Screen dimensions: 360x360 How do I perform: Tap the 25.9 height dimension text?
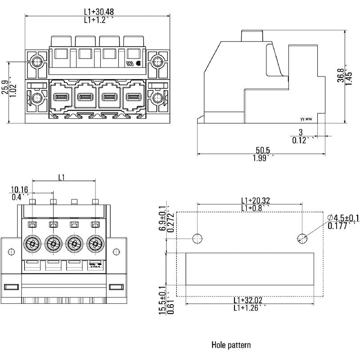click(x=4, y=87)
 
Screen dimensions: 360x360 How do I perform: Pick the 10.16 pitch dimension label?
click(x=19, y=189)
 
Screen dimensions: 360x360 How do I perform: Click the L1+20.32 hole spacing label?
click(x=255, y=200)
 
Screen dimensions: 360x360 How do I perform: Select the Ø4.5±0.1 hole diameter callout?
click(x=343, y=218)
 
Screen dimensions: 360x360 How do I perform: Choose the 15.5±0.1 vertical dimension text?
click(x=162, y=301)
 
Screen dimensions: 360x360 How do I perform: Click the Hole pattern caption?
click(x=231, y=345)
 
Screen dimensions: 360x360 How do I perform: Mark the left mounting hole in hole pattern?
click(x=198, y=238)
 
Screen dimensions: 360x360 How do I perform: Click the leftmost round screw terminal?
click(x=31, y=244)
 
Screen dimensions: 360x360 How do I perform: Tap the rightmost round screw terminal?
click(x=95, y=244)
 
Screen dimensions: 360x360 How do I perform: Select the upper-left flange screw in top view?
click(x=37, y=62)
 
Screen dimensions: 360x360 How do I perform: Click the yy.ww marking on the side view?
click(x=306, y=119)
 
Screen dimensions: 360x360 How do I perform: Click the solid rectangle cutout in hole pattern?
click(x=250, y=269)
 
